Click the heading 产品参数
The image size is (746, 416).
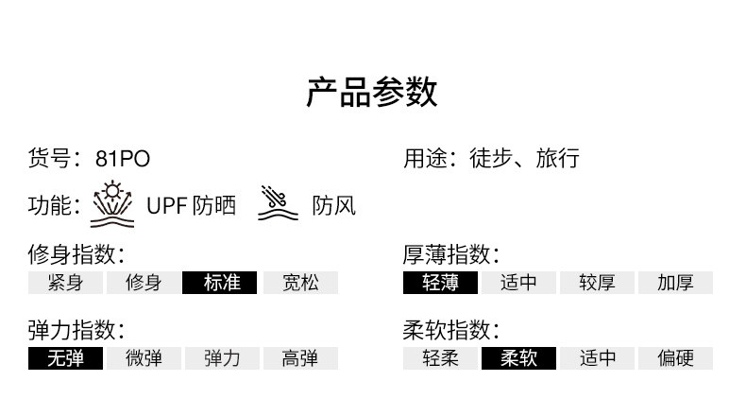click(x=372, y=93)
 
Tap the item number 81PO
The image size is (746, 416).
click(x=122, y=159)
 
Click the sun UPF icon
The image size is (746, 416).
click(x=113, y=205)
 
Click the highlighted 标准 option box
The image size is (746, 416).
click(x=220, y=283)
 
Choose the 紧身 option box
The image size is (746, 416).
click(x=65, y=283)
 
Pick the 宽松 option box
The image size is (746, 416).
click(x=298, y=283)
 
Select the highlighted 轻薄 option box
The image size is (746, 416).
click(x=440, y=283)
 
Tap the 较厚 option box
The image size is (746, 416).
click(x=596, y=283)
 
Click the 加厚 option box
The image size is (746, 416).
click(x=674, y=283)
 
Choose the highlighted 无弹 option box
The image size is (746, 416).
click(x=65, y=358)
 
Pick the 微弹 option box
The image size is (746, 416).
click(x=143, y=358)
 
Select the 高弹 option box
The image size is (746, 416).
click(x=298, y=358)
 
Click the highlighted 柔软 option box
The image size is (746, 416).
click(x=518, y=358)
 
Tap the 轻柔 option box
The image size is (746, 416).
click(x=440, y=358)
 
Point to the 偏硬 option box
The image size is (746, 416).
click(x=674, y=358)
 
